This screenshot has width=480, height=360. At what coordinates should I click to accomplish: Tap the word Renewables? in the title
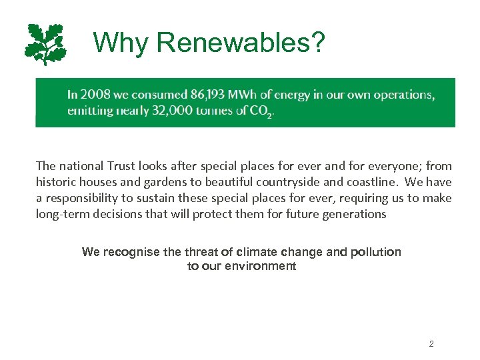(x=241, y=43)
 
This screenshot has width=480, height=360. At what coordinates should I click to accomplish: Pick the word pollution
(x=375, y=252)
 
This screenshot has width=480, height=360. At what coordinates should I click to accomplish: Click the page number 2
(x=431, y=344)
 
